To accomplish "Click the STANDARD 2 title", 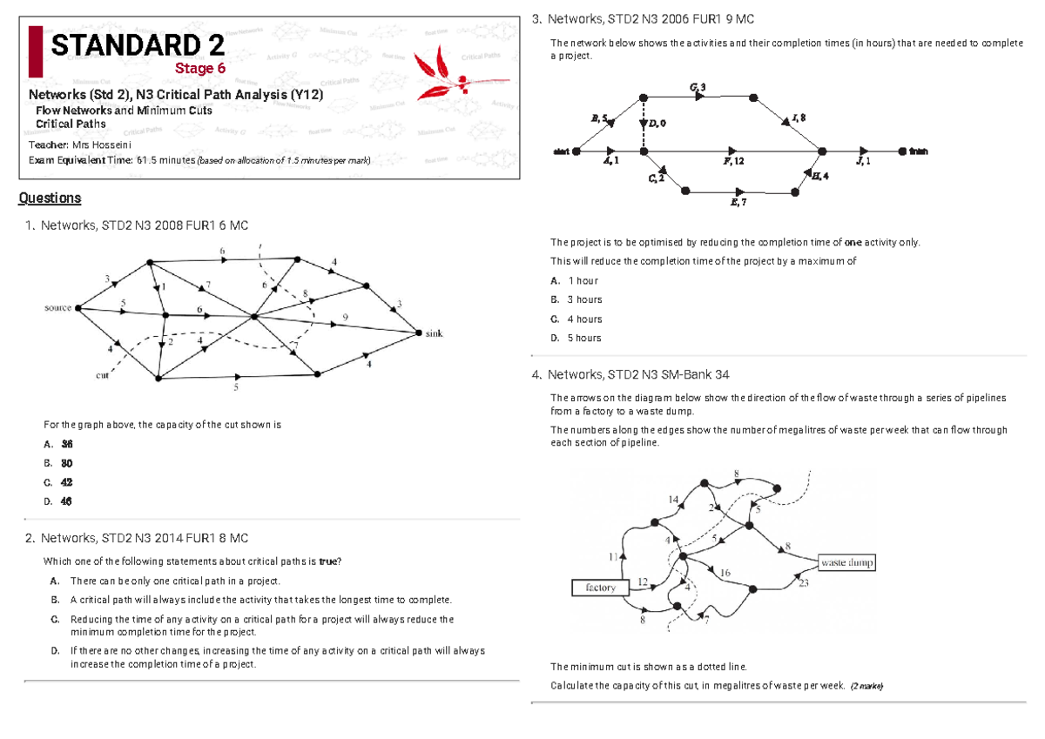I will [x=138, y=45].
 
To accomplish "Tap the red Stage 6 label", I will [x=200, y=68].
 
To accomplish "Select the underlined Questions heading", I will [x=50, y=198].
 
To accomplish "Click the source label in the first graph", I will [x=57, y=308].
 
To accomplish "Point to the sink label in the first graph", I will [x=434, y=334].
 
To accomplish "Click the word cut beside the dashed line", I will [x=102, y=375].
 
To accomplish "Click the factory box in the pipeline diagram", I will [x=601, y=588].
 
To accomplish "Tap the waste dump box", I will [x=846, y=562].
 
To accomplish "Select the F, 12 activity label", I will [x=733, y=162].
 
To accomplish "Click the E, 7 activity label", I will [x=738, y=202].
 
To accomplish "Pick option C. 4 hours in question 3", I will [x=576, y=319].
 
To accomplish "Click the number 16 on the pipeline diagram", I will [x=724, y=573].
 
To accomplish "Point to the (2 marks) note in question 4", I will [x=866, y=687].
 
